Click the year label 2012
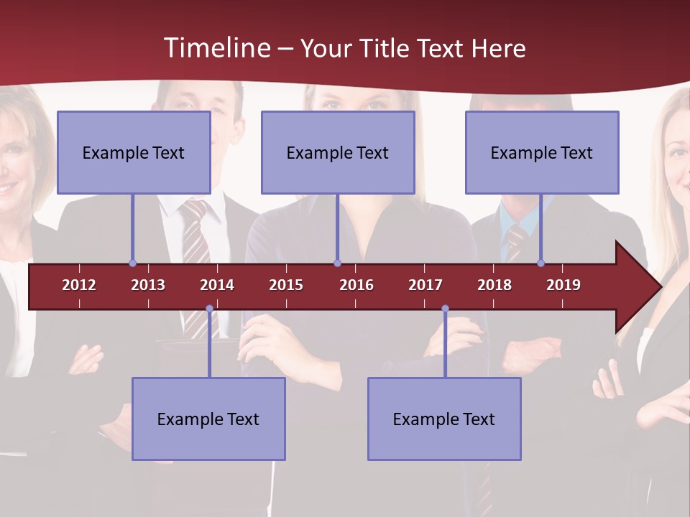[79, 285]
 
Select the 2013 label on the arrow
[148, 285]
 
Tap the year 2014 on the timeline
[217, 285]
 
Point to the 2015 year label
[286, 285]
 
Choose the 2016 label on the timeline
[356, 285]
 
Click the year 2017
[425, 285]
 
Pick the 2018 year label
[494, 285]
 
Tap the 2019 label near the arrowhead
[563, 285]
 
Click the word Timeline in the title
[216, 48]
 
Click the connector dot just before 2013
[132, 263]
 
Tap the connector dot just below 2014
[209, 309]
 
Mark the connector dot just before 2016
[337, 263]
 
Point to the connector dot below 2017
[445, 309]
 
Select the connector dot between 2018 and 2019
[540, 263]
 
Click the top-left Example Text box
[134, 152]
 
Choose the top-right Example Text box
[542, 152]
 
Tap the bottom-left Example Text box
[208, 419]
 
